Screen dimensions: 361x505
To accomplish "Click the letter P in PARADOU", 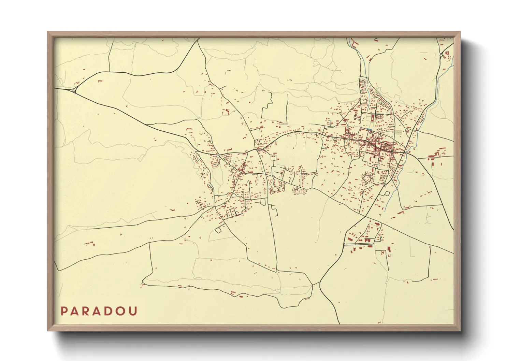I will click(x=64, y=311).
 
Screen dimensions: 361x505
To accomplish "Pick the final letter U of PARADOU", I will click(x=133, y=311).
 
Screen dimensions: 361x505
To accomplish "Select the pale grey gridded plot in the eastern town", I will click(x=399, y=132).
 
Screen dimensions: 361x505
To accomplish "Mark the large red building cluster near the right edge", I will click(x=435, y=154).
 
